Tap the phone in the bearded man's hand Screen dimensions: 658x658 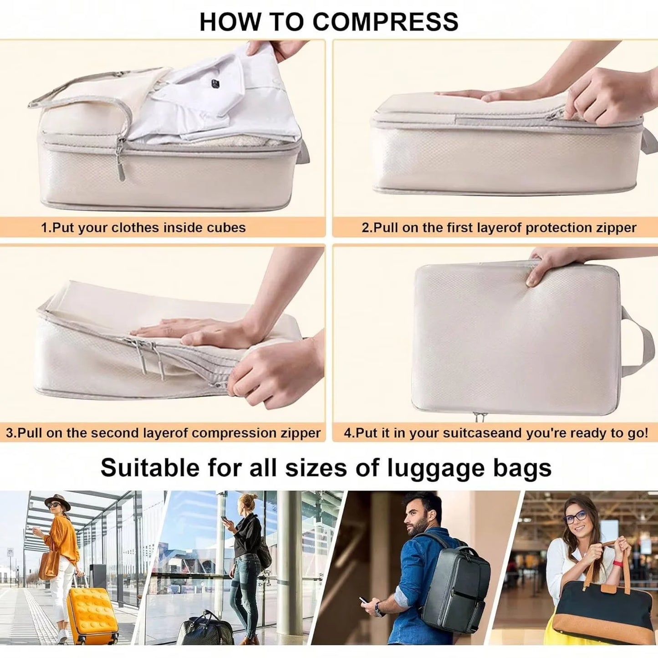click(363, 601)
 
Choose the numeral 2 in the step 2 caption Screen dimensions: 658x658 click(365, 227)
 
